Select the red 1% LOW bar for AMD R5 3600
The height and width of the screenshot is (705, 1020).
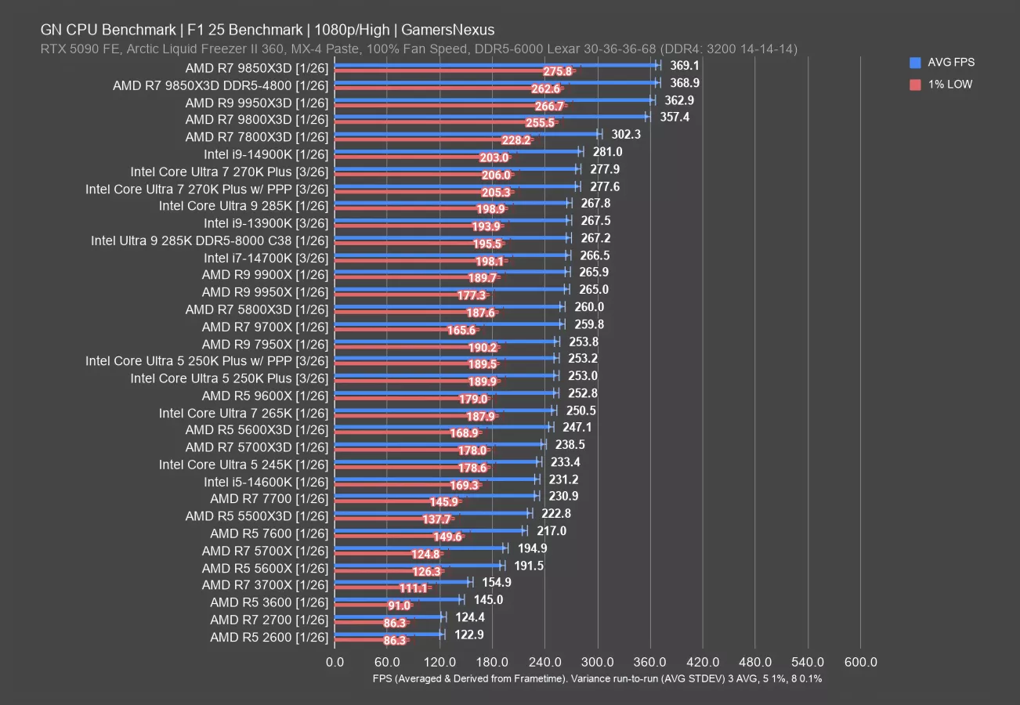pyautogui.click(x=360, y=606)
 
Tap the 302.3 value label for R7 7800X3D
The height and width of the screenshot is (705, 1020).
pyautogui.click(x=626, y=135)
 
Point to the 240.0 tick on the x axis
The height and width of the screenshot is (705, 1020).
pyautogui.click(x=544, y=663)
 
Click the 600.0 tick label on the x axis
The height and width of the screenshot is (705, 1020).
pyautogui.click(x=860, y=663)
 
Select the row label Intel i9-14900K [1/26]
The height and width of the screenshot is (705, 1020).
pyautogui.click(x=266, y=154)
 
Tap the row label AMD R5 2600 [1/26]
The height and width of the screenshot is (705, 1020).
pyautogui.click(x=269, y=637)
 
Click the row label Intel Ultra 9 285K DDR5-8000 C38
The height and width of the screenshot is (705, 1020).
pyautogui.click(x=209, y=240)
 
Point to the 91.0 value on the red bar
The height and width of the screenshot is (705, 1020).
pyautogui.click(x=399, y=606)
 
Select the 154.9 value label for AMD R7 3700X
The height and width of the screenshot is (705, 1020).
pyautogui.click(x=498, y=583)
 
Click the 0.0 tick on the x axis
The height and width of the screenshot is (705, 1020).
pyautogui.click(x=335, y=663)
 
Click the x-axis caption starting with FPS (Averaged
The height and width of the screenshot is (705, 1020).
pyautogui.click(x=597, y=678)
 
